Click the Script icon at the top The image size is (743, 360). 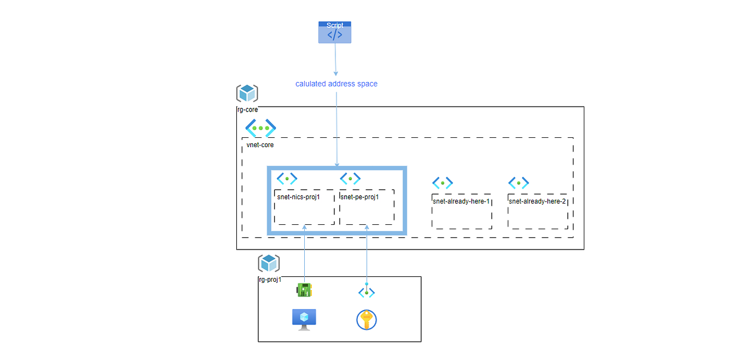tap(335, 32)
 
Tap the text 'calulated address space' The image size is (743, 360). tap(336, 84)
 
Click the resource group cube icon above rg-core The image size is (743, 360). tap(247, 94)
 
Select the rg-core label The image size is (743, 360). tap(247, 109)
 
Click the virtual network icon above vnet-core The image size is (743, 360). tap(260, 128)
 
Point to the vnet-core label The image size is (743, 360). tap(260, 145)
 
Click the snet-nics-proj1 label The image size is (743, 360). tap(298, 197)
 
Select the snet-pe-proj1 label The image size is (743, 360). tap(359, 197)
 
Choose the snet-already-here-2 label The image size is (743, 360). tap(537, 201)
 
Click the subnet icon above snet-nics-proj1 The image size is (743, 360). tap(287, 178)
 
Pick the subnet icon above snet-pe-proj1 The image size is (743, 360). tap(350, 178)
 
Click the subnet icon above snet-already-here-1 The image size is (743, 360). tap(442, 183)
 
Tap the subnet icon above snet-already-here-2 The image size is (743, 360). tap(518, 183)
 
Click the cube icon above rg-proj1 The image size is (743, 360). tap(269, 263)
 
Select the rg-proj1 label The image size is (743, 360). tap(270, 280)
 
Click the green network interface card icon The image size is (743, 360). tap(304, 290)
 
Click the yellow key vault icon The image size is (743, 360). tap(367, 320)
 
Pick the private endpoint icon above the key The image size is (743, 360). tap(367, 293)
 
